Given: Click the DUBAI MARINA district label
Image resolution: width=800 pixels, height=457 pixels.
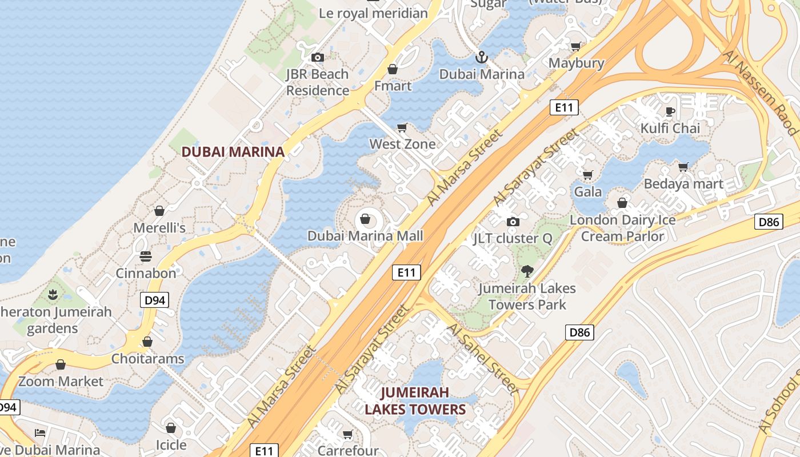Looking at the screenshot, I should click(233, 152).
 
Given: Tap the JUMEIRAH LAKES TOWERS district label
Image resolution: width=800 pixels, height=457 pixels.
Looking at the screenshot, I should click(415, 401).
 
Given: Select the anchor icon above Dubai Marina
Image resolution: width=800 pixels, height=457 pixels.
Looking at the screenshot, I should click(482, 57).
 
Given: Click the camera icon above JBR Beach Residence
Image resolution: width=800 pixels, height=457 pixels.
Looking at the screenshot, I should click(318, 57).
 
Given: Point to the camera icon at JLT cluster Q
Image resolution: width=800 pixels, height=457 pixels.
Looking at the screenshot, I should click(513, 222).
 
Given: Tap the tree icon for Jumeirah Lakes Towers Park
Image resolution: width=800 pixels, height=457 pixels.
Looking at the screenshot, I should click(527, 271).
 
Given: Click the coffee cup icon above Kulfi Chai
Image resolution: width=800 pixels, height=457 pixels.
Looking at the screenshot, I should click(670, 111).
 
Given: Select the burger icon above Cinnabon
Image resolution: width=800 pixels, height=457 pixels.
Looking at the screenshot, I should click(146, 256).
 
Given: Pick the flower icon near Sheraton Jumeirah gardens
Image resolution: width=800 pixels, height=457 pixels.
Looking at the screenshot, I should click(53, 295).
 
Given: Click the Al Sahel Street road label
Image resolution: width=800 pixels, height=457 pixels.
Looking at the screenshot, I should click(483, 359).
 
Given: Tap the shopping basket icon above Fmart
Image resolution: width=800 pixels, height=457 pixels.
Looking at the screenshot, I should click(393, 69).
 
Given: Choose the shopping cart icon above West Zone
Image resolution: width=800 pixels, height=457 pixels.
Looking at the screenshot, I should click(402, 127).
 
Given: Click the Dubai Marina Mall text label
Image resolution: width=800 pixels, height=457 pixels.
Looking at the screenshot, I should click(365, 236).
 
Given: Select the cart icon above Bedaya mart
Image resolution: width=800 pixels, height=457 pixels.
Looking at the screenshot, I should click(683, 167).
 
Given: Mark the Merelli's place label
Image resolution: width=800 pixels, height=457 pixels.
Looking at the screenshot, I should click(159, 228).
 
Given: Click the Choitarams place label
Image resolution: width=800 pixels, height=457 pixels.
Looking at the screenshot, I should click(148, 359).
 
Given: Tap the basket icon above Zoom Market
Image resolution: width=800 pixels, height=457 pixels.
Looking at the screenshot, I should click(61, 364).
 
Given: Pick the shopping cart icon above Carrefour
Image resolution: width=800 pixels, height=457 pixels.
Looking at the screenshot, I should click(347, 435).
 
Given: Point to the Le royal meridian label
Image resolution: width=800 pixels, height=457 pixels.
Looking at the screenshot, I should click(373, 13).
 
